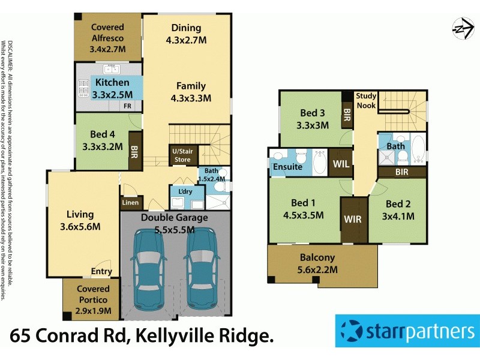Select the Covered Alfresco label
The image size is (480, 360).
(107, 32)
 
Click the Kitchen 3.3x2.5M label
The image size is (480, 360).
(110, 88)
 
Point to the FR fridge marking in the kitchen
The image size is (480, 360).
(128, 106)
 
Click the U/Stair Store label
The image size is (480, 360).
(182, 155)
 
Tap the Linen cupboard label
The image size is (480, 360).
(131, 203)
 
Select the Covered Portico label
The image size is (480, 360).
(93, 294)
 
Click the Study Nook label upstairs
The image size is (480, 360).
(365, 101)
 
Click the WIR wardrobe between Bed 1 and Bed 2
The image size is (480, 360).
(353, 219)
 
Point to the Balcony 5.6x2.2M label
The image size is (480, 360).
(319, 264)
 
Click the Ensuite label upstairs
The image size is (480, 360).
(288, 166)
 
